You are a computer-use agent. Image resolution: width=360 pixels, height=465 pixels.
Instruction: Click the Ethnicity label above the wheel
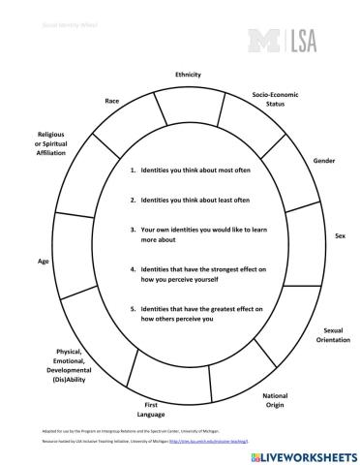188,75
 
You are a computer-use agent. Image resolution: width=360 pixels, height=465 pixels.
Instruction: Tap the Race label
112,101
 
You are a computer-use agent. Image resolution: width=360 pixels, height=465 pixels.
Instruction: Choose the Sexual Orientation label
325,336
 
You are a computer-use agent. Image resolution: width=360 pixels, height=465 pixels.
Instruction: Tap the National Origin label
275,400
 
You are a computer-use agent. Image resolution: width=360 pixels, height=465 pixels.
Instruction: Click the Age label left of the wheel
44,261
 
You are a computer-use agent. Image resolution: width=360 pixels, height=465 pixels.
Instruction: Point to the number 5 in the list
132,308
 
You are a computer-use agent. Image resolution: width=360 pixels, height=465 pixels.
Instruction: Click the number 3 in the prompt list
132,231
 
